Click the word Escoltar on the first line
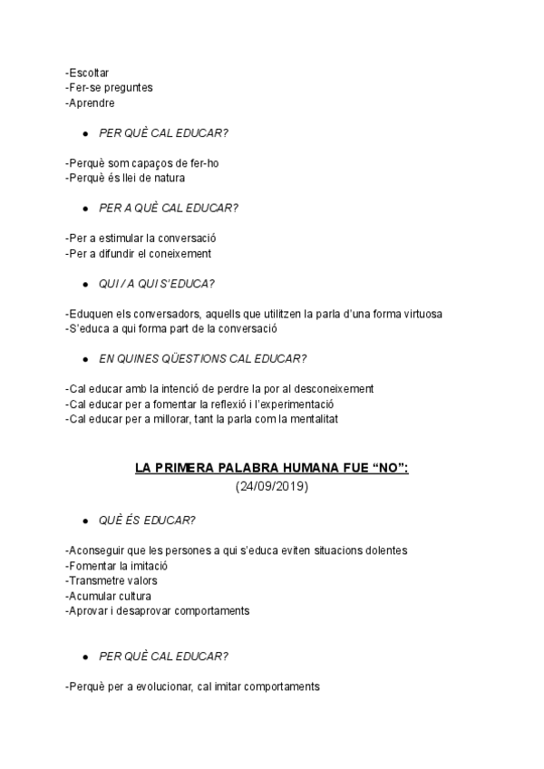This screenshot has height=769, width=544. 88,72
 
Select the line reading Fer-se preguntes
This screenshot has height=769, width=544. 110,87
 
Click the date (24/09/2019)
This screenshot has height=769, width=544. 271,486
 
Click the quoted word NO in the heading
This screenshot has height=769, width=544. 386,469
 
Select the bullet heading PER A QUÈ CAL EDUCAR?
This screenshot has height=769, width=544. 168,208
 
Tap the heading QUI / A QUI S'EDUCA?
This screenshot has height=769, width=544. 156,283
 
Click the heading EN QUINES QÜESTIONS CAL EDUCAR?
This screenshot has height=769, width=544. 202,358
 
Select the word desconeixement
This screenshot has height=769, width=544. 329,389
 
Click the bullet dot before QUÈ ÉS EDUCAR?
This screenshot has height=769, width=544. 84,521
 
